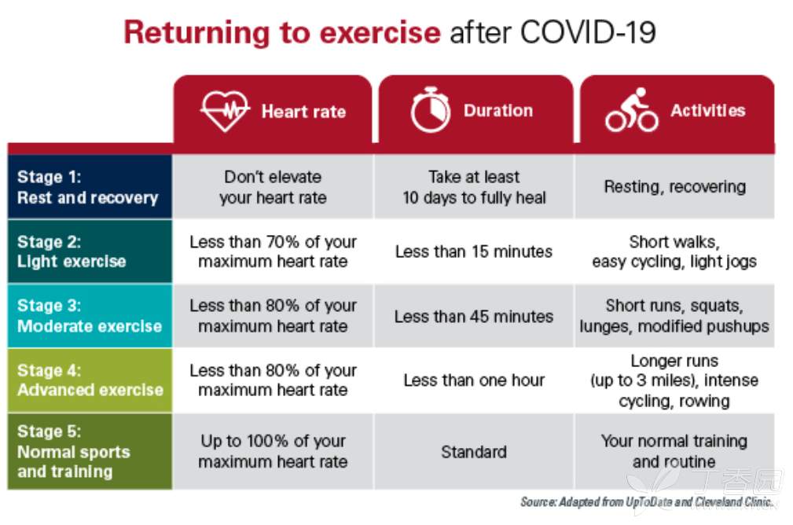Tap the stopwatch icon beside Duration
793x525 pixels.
pos(431,110)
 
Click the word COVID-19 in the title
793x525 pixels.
pos(588,32)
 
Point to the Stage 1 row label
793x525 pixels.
pos(87,187)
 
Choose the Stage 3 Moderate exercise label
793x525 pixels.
pos(90,316)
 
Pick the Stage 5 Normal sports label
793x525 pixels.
pos(74,451)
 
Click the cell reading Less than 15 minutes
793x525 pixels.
pos(474,251)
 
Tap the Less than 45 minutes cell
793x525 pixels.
pos(474,317)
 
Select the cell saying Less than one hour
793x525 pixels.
pos(474,380)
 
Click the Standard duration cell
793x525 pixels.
pos(474,452)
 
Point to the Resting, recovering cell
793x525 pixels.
pos(674,186)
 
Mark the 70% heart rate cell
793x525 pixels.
pos(273,251)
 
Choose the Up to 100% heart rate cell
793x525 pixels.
pos(273,451)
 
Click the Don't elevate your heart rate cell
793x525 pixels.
pos(273,187)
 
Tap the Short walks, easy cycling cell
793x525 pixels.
pos(674,251)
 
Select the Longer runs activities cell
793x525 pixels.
pos(674,380)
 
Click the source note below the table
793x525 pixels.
pos(648,501)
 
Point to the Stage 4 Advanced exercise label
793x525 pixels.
pos(90,380)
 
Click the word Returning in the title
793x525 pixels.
pos(198,33)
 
